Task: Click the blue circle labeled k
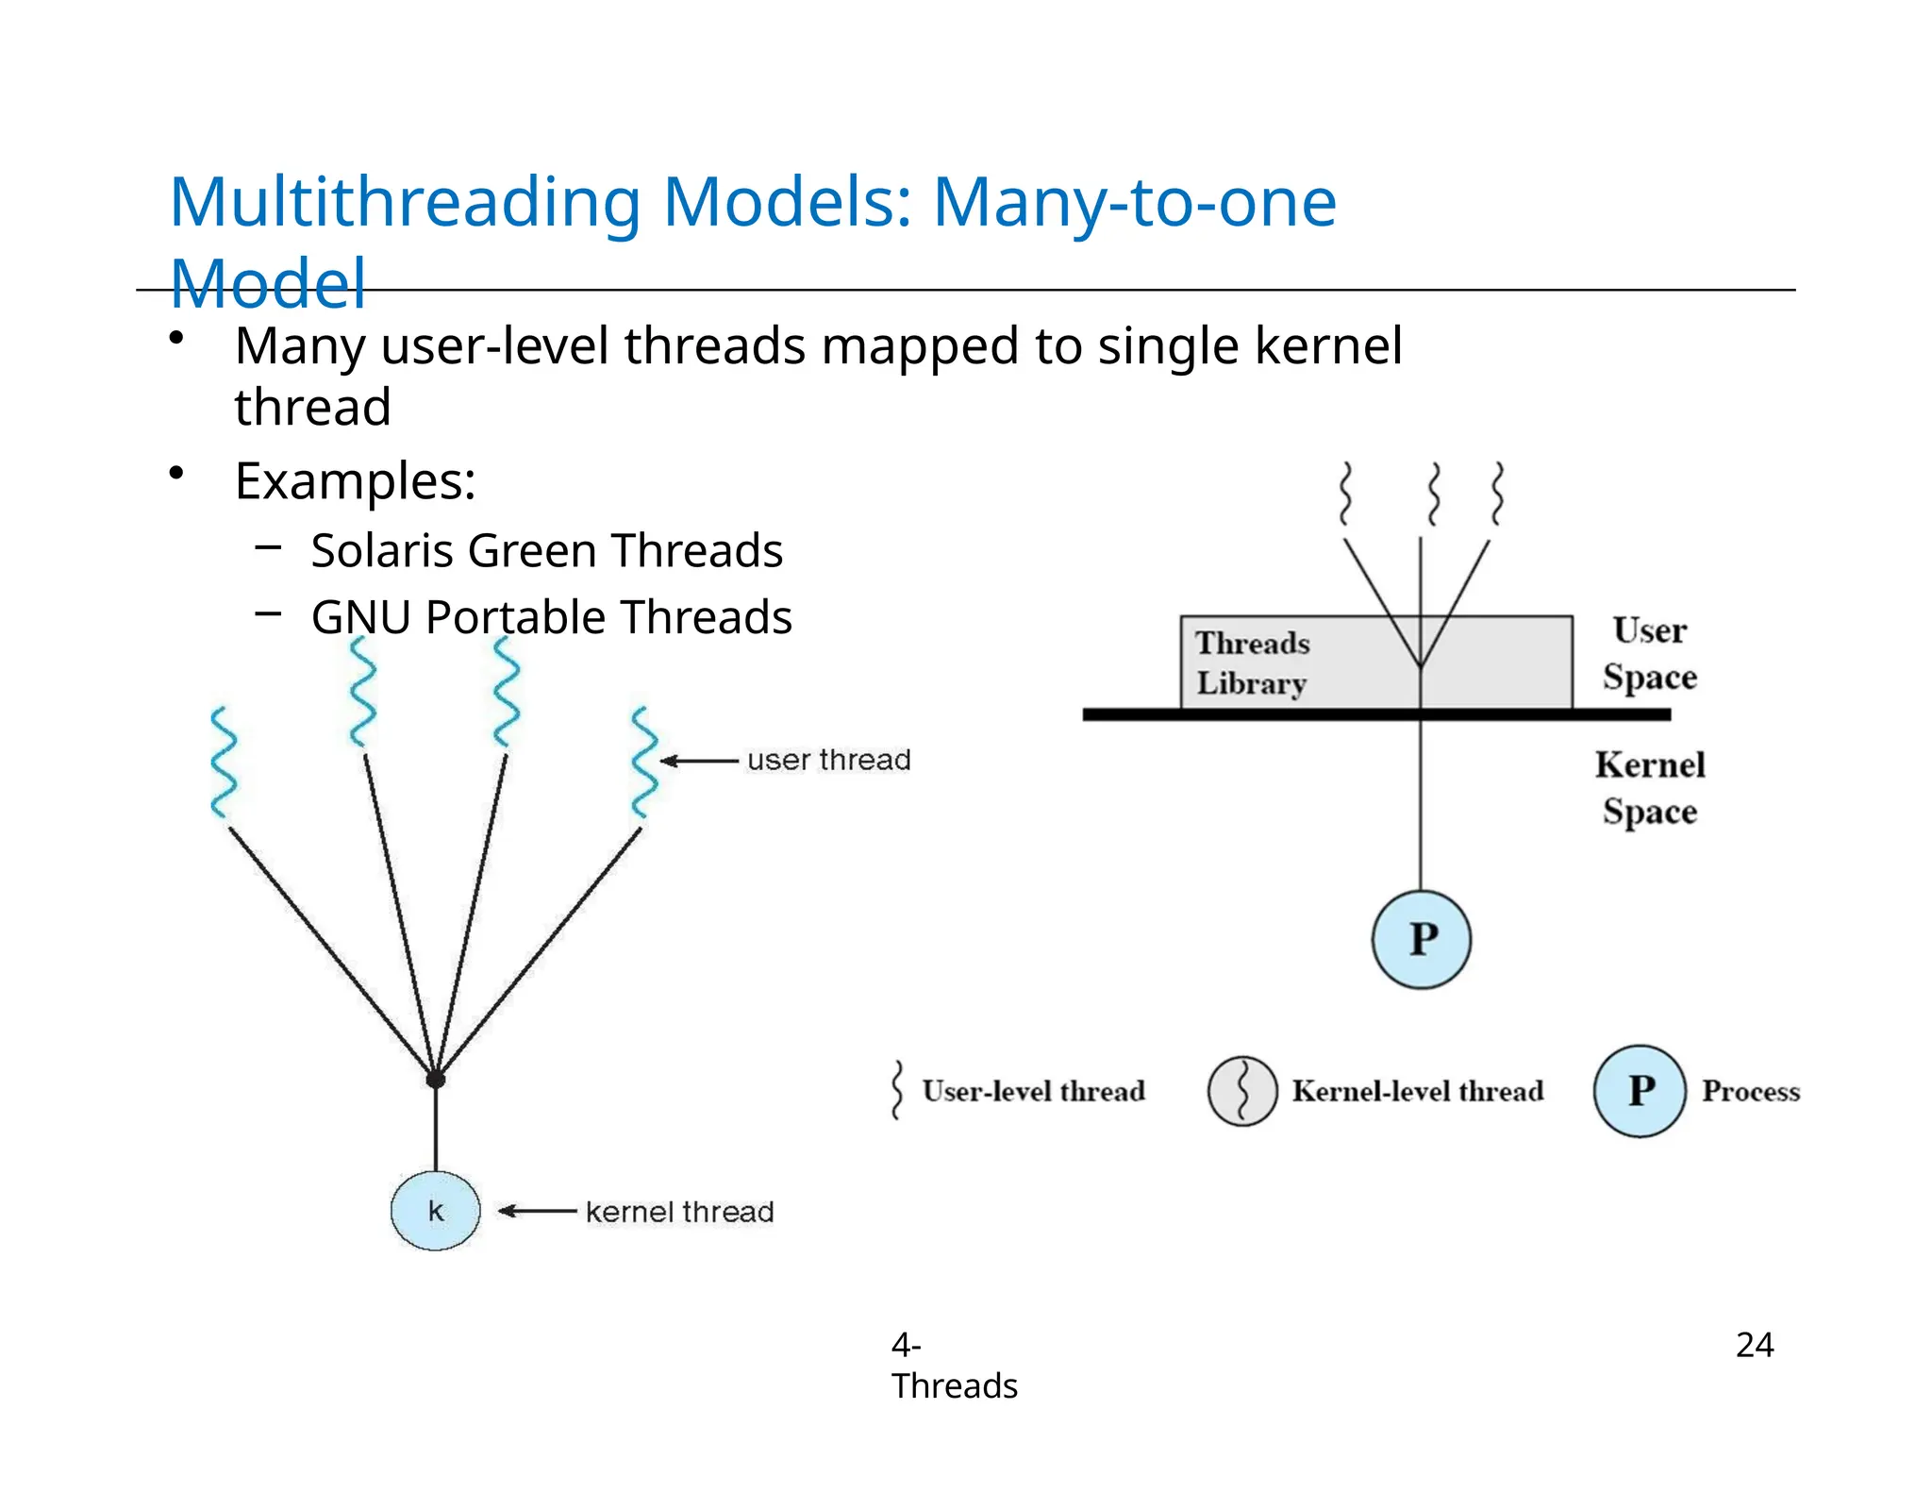(435, 1211)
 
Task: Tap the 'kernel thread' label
(679, 1212)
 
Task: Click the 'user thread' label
(828, 760)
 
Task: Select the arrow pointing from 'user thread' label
(699, 761)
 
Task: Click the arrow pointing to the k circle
(537, 1211)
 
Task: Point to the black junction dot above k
(435, 1079)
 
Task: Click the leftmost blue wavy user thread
(224, 763)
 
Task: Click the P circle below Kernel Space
(1421, 940)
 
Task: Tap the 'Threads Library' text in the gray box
(1253, 663)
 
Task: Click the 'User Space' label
(1649, 653)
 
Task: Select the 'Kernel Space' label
(1650, 788)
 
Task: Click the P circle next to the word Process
(1640, 1091)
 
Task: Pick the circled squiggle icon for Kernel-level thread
(1242, 1091)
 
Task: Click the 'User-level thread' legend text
(1033, 1091)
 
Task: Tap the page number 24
(1754, 1345)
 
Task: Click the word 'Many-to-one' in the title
(1134, 202)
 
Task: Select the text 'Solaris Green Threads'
(546, 550)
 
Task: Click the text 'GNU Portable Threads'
(551, 617)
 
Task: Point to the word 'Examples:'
(355, 481)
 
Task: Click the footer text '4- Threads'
(953, 1366)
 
